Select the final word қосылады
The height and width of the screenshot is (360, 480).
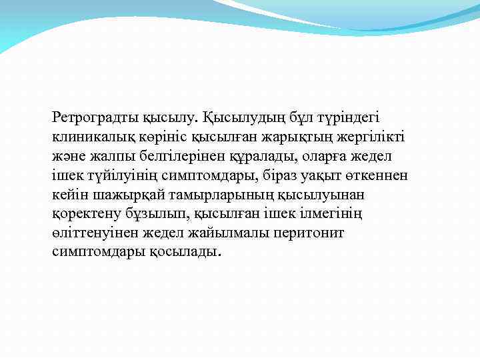[179, 253]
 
